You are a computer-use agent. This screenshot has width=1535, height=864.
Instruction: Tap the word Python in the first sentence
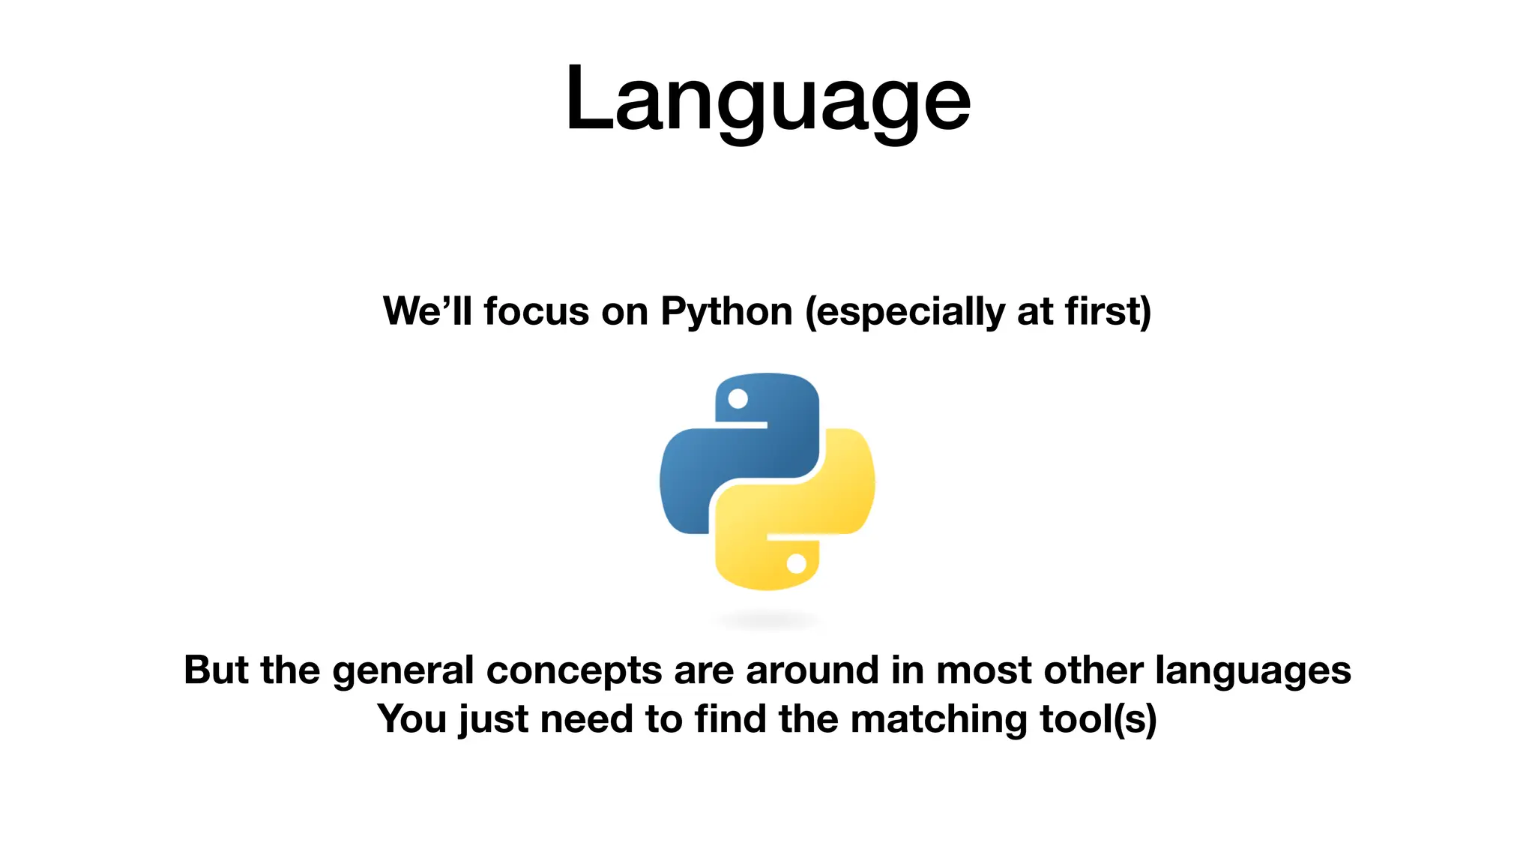tap(726, 311)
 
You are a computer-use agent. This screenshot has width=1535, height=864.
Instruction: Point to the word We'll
tap(427, 311)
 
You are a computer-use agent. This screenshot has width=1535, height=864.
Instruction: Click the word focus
tap(536, 311)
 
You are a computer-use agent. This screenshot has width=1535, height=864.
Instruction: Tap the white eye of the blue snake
tap(738, 399)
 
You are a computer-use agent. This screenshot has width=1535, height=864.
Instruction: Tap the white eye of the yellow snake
tap(796, 563)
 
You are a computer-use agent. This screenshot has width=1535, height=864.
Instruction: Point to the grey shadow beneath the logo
tap(767, 620)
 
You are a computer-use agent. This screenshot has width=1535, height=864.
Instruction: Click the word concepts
tap(574, 671)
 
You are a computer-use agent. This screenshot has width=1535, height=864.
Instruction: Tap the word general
tap(403, 671)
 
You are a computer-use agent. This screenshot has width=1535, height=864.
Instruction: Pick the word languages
tap(1252, 671)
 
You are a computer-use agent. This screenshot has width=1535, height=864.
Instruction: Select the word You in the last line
tap(411, 718)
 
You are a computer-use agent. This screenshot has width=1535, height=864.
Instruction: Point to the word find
tap(730, 718)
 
